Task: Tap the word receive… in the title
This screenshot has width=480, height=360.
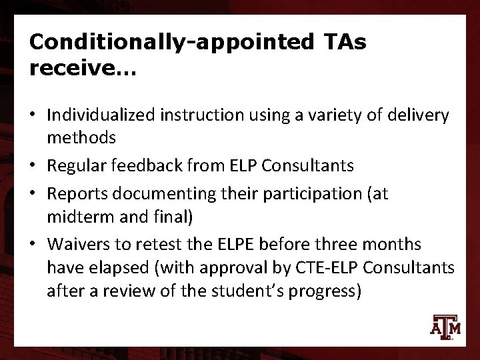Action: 81,69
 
